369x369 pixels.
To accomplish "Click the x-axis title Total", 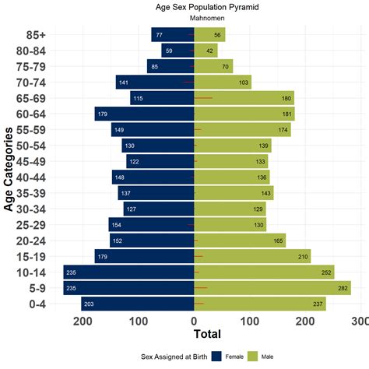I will pyautogui.click(x=206, y=336).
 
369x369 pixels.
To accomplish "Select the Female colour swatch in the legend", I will pyautogui.click(x=216, y=356).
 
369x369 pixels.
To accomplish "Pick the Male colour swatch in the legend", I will pyautogui.click(x=252, y=356).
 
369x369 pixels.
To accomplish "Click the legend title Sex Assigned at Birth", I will pyautogui.click(x=173, y=356).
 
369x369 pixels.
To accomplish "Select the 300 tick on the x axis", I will pyautogui.click(x=360, y=320).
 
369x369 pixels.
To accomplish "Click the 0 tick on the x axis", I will pyautogui.click(x=194, y=320).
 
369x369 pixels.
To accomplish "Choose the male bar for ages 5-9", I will pyautogui.click(x=272, y=288).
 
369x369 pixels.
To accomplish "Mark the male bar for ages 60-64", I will pyautogui.click(x=244, y=114).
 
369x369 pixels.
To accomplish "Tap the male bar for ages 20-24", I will pyautogui.click(x=239, y=241).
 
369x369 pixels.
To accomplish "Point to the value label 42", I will pyautogui.click(x=211, y=51).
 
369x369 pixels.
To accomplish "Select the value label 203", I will pyautogui.click(x=88, y=304).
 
